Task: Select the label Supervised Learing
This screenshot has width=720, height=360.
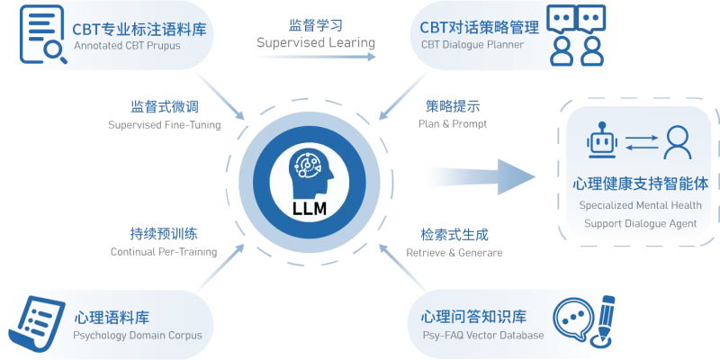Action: click(315, 42)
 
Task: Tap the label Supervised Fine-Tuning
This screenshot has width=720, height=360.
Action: click(164, 124)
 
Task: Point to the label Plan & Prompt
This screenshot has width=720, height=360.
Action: click(453, 124)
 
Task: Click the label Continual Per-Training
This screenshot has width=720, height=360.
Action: click(164, 252)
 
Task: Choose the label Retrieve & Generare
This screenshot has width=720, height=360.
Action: click(454, 252)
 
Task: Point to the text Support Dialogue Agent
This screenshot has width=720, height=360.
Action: click(639, 222)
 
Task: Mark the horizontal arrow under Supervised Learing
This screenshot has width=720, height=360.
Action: click(314, 57)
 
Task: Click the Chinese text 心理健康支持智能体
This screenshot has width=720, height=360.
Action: click(639, 184)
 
